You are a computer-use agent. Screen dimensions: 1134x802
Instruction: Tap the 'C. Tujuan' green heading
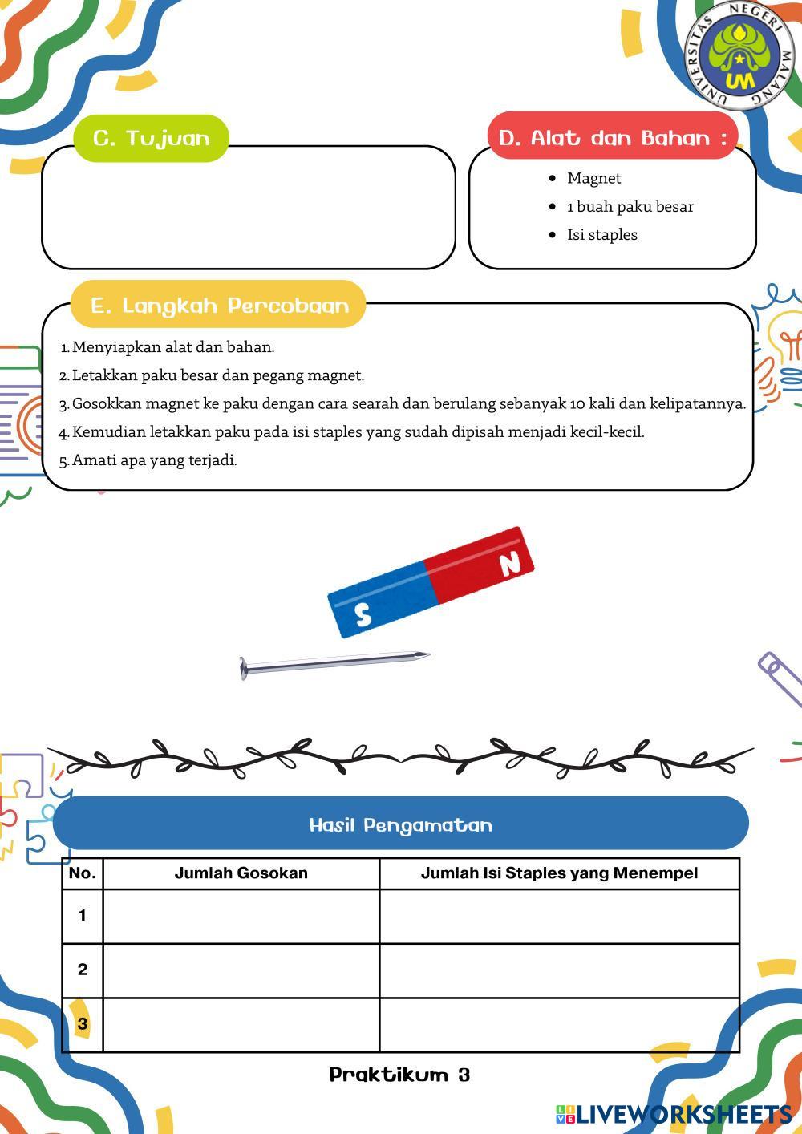[152, 138]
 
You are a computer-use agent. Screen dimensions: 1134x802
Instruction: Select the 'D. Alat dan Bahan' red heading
[613, 138]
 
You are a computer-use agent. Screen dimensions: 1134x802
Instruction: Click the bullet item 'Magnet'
[593, 178]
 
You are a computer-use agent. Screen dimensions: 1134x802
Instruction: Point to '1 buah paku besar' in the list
[630, 206]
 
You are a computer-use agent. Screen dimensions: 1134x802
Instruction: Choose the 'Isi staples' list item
[601, 235]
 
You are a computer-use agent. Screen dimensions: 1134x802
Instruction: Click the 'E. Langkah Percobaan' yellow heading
[219, 306]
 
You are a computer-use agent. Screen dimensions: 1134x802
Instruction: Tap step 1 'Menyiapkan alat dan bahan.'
[172, 347]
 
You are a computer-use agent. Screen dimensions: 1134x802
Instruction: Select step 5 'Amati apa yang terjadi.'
[154, 460]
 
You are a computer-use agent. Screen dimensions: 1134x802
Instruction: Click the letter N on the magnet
[510, 564]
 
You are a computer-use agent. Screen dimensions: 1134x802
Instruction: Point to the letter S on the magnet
[363, 615]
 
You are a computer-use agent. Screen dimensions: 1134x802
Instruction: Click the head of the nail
[243, 668]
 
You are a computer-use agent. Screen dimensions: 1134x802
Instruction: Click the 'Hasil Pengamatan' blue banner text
[400, 825]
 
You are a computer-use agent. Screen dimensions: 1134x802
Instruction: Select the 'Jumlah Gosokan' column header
[241, 873]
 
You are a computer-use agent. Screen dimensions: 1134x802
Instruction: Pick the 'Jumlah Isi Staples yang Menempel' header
[559, 873]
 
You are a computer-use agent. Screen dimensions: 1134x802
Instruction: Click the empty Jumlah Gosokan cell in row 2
[241, 970]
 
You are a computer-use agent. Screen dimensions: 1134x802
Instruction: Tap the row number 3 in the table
[82, 1024]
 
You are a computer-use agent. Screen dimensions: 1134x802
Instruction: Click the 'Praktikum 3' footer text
[399, 1075]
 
